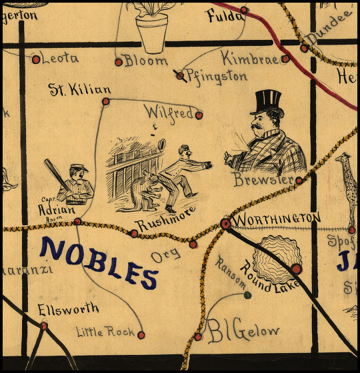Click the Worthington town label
coord(277,218)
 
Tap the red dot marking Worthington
coord(226,224)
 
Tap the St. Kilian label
coord(79,89)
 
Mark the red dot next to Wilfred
coord(199,115)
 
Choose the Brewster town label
coord(263,180)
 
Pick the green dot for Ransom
coord(247,294)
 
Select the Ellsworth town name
coord(68,308)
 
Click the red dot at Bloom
coord(119,62)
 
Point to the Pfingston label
coord(216,76)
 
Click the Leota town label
coord(60,58)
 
